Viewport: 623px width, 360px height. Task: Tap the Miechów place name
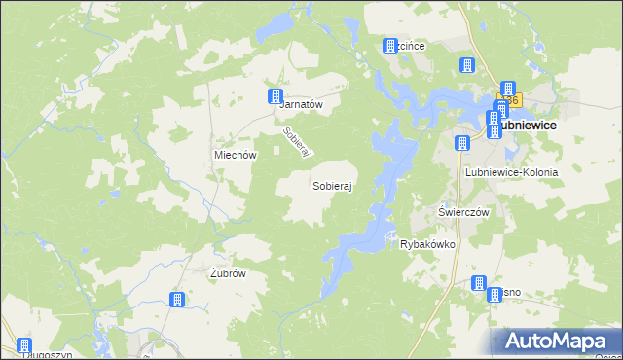click(x=235, y=155)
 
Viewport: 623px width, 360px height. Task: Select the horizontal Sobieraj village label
click(x=331, y=184)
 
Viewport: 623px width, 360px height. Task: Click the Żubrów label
click(x=227, y=273)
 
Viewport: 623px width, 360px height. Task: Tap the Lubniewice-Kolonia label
click(x=511, y=172)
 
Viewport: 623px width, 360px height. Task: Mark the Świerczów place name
click(x=462, y=212)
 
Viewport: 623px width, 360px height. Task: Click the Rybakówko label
click(x=428, y=245)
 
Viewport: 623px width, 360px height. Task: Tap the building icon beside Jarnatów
click(x=274, y=95)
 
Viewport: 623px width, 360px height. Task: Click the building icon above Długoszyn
click(x=23, y=344)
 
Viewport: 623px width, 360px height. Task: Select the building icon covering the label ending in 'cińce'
click(x=391, y=46)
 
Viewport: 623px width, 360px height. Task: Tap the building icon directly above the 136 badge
click(x=507, y=89)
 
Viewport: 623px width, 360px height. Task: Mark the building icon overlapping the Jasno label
click(x=479, y=283)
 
